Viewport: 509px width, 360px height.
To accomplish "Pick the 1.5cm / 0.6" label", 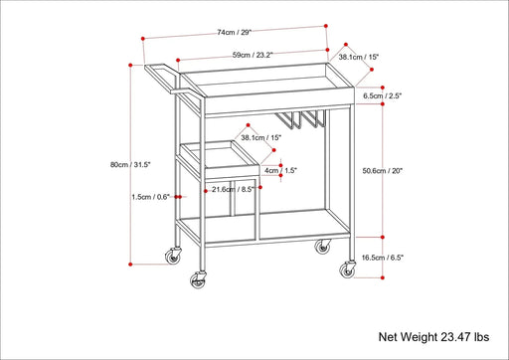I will (x=151, y=196).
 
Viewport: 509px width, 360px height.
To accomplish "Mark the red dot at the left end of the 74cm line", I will (x=144, y=40).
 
